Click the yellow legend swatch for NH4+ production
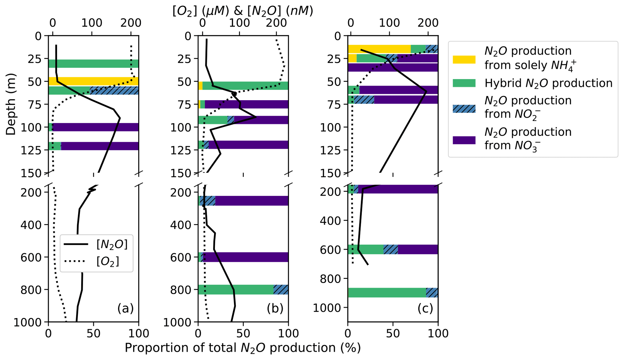[x=464, y=59]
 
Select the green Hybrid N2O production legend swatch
[x=464, y=83]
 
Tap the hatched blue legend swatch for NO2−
[x=464, y=109]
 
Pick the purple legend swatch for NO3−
[x=464, y=140]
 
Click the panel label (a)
[x=125, y=308]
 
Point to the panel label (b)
[x=275, y=308]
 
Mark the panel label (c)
[x=425, y=308]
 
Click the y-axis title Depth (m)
[x=11, y=104]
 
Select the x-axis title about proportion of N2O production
[x=243, y=348]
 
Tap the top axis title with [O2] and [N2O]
[x=243, y=11]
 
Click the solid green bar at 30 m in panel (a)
[x=94, y=64]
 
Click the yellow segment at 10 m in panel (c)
[x=379, y=49]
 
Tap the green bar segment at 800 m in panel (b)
[x=235, y=289]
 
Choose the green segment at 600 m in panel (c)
[x=366, y=250]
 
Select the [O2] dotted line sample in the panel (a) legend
[x=76, y=261]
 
